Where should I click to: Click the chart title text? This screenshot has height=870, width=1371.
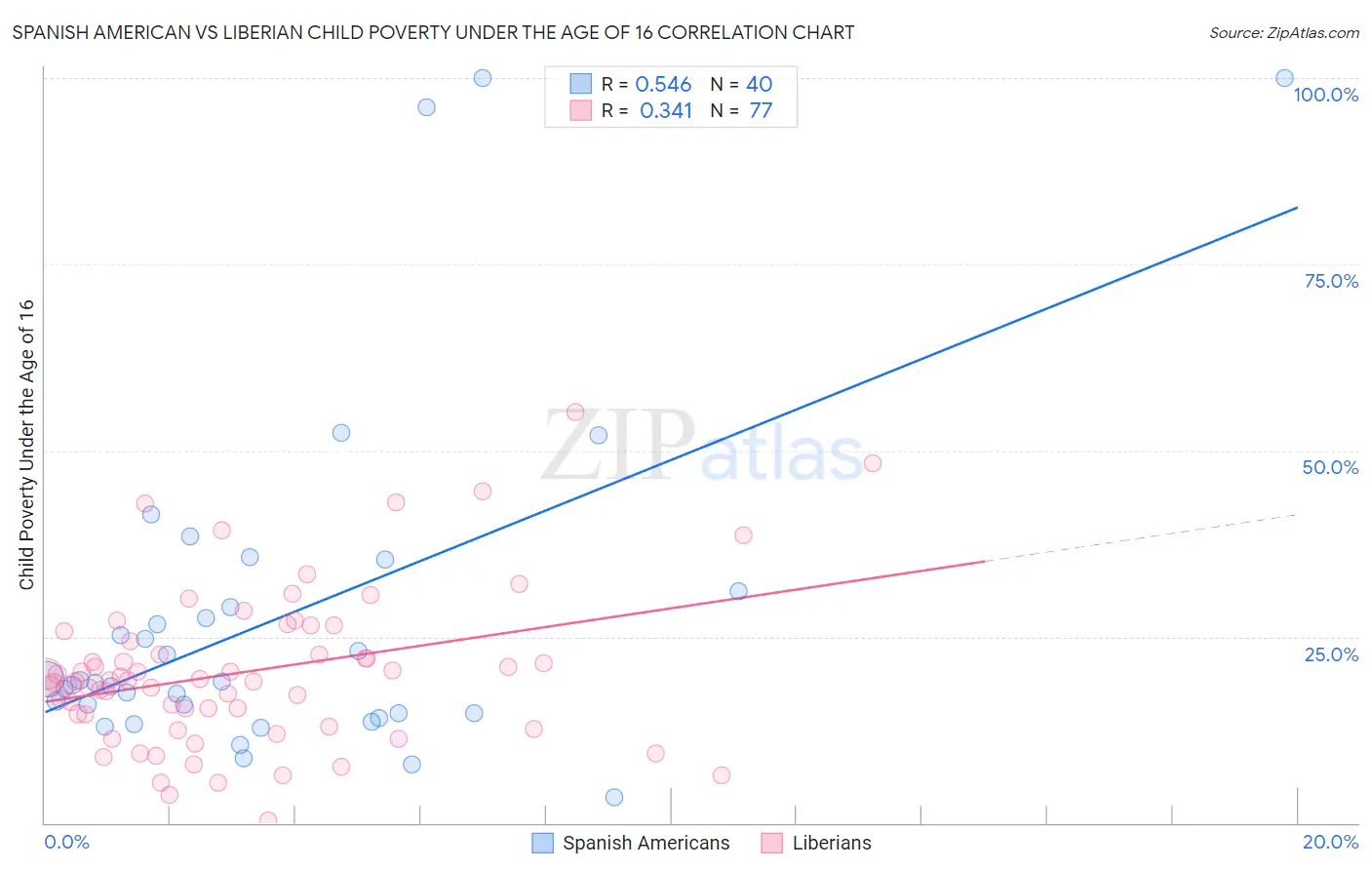coord(433,32)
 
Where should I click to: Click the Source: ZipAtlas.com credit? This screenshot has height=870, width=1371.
coord(1283,32)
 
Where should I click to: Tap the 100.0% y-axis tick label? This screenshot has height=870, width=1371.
coord(1325,95)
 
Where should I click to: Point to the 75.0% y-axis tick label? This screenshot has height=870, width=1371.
coord(1331,281)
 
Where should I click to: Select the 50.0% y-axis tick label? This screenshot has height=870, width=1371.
coord(1330,467)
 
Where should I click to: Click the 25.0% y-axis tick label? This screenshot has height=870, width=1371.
coord(1331,654)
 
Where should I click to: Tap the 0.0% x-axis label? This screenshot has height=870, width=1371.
coord(66,842)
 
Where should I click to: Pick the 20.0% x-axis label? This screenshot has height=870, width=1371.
coord(1330,842)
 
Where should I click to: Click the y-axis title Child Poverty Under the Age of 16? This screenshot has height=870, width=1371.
coord(26,444)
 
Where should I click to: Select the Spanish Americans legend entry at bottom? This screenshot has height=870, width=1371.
coord(645,843)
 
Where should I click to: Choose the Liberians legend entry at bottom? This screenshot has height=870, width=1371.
coord(831,843)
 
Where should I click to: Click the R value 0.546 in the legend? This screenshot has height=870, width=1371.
coord(663,85)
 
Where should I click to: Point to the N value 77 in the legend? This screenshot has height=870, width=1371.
coord(761,111)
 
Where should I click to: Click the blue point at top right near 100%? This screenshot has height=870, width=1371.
coord(1284,78)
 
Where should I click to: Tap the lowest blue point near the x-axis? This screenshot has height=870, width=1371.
coord(613,797)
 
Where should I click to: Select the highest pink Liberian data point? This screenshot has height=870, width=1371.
coord(575,413)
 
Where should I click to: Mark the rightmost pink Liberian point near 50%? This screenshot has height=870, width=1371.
coord(873,463)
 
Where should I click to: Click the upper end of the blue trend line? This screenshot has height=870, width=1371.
coord(1295,208)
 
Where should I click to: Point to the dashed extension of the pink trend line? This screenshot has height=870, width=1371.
coord(1141,538)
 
